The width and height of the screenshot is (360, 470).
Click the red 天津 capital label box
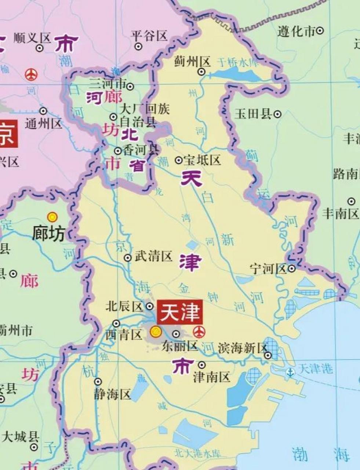(180, 312)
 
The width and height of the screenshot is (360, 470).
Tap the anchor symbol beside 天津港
(291, 372)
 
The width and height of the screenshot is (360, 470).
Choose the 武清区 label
(153, 256)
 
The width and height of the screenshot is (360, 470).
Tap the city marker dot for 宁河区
(292, 269)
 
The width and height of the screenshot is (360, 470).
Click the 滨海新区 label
(242, 348)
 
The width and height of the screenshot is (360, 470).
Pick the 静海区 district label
(112, 395)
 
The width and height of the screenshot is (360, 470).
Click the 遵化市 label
(296, 32)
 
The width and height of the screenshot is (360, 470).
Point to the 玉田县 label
(253, 114)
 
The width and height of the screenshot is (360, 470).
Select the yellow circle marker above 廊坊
(52, 217)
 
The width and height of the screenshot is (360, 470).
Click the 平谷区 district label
(149, 36)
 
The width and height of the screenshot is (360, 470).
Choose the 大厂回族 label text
(145, 109)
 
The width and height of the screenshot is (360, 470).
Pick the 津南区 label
(211, 377)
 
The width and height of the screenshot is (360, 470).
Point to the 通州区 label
(43, 124)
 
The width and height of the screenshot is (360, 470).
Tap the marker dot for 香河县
(118, 151)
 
